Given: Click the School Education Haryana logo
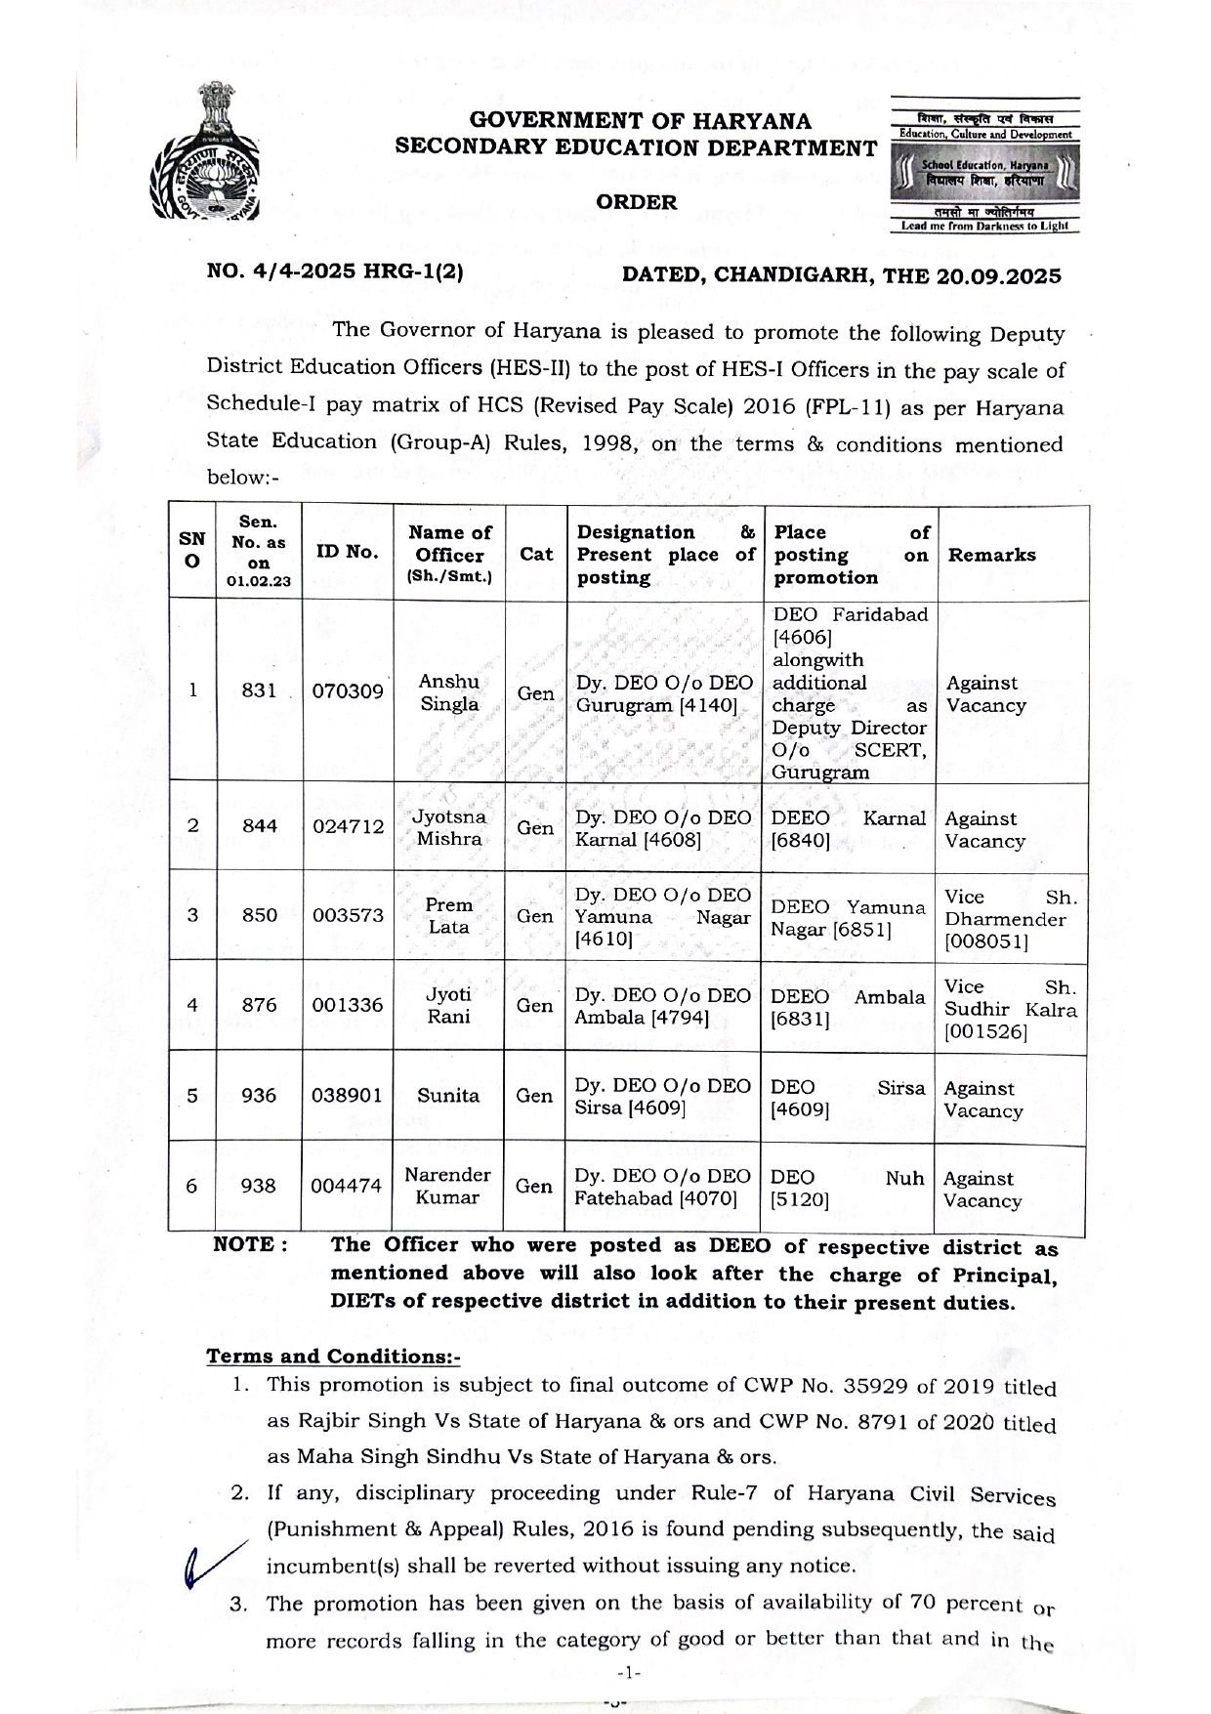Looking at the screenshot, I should click(984, 166).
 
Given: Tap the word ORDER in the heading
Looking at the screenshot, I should click(636, 202).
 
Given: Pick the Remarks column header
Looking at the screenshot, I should click(992, 555).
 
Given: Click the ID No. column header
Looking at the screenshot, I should click(347, 552).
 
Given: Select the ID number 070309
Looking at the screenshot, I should click(348, 691).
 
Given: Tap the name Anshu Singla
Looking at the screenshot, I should click(449, 692).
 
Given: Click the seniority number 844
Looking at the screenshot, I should click(259, 826).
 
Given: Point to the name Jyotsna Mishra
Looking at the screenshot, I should click(449, 827).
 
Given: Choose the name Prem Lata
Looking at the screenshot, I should click(449, 916).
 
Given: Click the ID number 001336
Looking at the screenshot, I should click(348, 1005).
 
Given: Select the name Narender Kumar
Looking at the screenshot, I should click(447, 1186).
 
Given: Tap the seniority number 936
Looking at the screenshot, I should click(259, 1096).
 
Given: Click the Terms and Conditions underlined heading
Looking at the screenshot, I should click(333, 1357).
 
